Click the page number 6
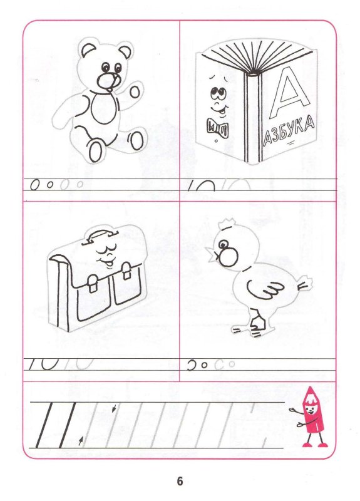click(180, 481)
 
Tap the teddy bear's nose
click(107, 81)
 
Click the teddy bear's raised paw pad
click(135, 92)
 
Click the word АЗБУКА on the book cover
click(288, 132)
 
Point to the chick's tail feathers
click(305, 285)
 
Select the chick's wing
click(264, 289)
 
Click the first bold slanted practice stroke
click(44, 425)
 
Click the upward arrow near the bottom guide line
click(81, 441)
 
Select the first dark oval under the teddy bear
click(35, 185)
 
